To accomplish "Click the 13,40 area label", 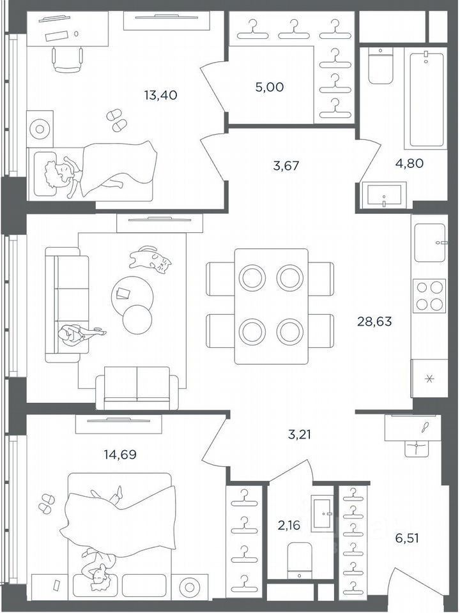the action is (161, 95).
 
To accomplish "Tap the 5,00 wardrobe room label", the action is (270, 87).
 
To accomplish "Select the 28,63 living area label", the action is (374, 321).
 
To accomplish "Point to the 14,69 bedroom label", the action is (120, 454).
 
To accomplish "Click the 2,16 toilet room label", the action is (289, 525).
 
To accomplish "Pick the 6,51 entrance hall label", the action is (407, 538).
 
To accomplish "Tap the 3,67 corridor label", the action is (286, 166).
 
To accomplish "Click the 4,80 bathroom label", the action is (410, 163).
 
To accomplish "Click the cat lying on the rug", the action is (151, 259).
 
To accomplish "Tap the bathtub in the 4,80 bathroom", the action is (427, 100).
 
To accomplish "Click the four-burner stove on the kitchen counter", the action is (429, 296).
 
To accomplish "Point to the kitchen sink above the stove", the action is (429, 243).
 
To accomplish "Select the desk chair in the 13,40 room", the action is (67, 59).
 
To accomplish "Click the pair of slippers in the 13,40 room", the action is (116, 121).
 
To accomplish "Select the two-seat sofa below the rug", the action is (137, 388).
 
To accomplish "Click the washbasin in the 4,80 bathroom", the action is (385, 195).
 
